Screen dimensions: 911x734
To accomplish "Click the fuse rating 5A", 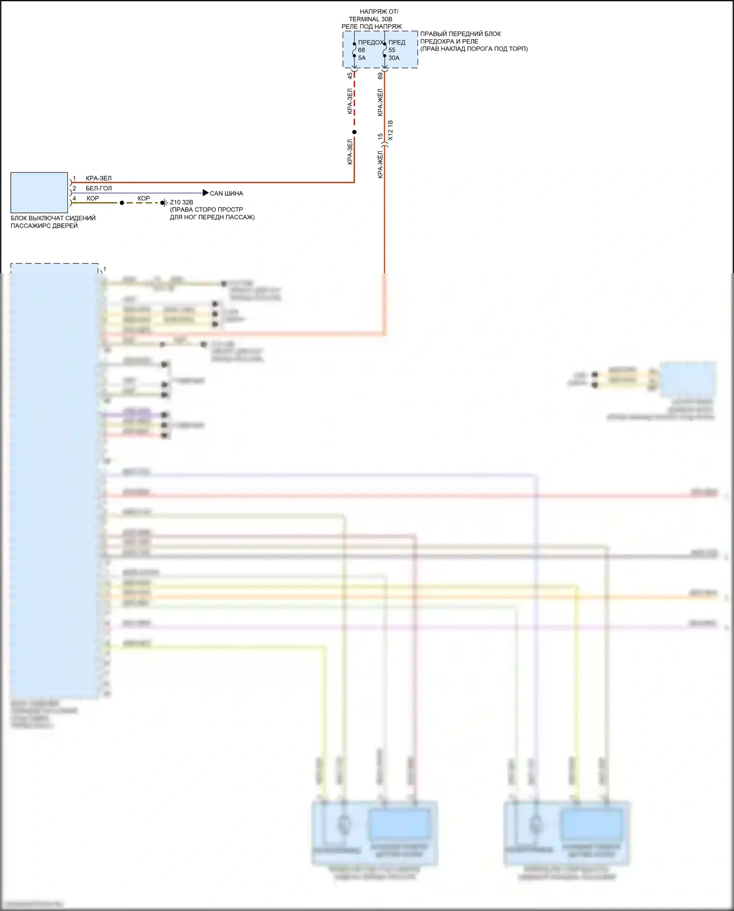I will tap(362, 58).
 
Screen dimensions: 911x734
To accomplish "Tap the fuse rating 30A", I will tap(393, 58).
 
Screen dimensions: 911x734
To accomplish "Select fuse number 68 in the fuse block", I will tap(362, 50).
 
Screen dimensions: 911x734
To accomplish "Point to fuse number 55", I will tap(392, 50).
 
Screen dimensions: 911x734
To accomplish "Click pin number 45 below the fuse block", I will tap(350, 76).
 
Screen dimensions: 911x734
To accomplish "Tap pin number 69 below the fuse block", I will tap(380, 76).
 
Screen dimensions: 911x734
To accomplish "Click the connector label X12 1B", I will tap(390, 131).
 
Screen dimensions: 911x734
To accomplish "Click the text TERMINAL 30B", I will tap(370, 19).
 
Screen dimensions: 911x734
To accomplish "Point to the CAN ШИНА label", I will tap(227, 193).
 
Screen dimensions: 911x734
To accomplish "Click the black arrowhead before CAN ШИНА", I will tap(206, 193).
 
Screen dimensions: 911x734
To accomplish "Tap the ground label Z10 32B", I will tap(182, 202).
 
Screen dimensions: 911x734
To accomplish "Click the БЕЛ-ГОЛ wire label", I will tap(99, 188).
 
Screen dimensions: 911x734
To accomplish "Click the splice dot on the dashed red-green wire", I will tap(354, 132).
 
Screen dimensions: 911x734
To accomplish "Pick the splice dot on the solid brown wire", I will tap(122, 203).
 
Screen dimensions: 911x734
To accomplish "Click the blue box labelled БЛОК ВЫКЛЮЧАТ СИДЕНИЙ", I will tap(39, 192).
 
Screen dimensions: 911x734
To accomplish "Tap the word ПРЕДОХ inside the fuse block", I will tap(370, 43).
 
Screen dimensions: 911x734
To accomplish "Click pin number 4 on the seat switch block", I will tap(74, 198).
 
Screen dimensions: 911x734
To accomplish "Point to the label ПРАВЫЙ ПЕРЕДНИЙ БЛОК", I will tap(460, 34).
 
